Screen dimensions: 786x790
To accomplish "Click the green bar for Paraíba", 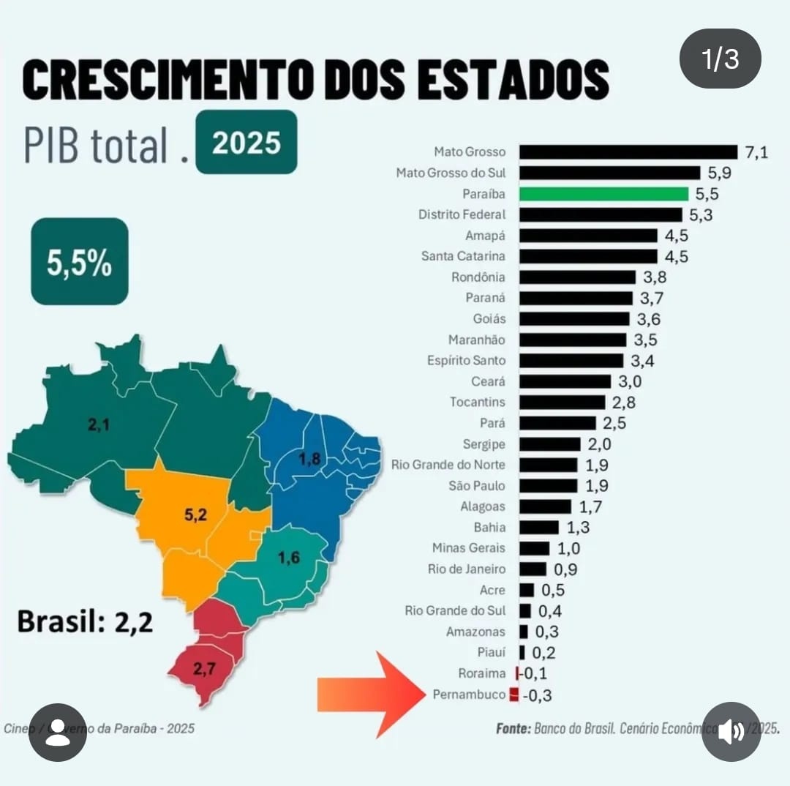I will [603, 194].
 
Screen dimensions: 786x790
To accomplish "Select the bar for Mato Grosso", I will [628, 152].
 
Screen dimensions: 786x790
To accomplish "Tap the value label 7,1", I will [756, 152].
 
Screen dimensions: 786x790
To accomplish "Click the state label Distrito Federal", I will [462, 214].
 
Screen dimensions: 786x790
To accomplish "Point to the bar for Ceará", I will [565, 381].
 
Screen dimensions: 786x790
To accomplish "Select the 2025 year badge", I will [247, 143].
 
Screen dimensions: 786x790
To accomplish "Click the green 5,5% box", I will [80, 262].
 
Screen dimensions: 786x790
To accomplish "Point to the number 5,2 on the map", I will [195, 514].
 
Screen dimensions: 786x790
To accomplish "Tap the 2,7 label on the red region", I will [206, 667].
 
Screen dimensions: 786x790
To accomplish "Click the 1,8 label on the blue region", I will [310, 460].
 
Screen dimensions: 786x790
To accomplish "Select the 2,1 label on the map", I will [99, 424].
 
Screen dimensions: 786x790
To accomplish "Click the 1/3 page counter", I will [721, 59].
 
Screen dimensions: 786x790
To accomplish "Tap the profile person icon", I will [58, 733].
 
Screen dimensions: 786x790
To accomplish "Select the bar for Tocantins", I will [563, 403].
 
